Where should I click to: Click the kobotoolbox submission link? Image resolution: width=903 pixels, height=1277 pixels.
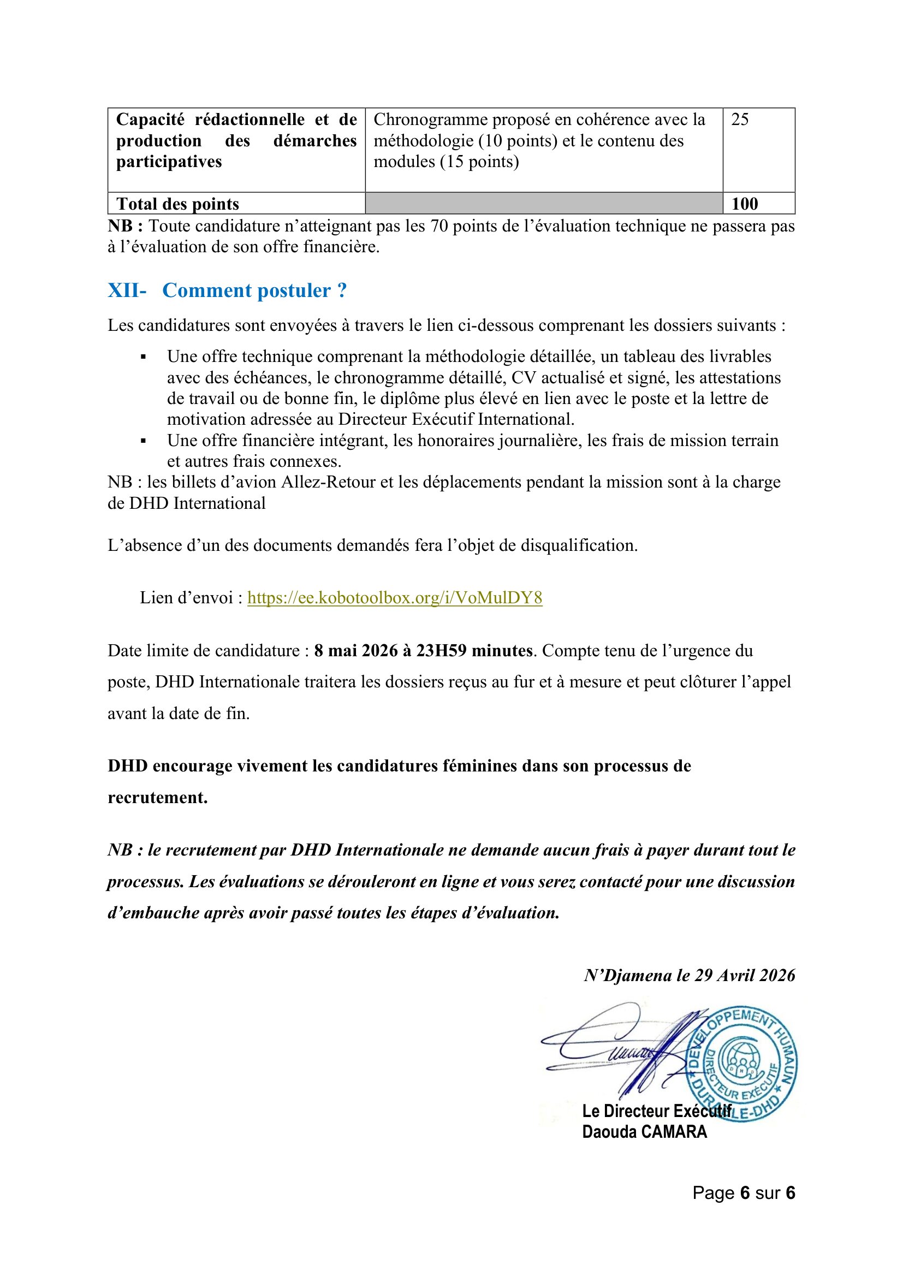(x=394, y=598)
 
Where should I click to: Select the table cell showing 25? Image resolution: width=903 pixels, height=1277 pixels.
(x=740, y=120)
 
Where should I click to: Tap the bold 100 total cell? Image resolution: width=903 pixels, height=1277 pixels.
(x=745, y=204)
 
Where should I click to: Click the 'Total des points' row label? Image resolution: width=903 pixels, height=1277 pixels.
(x=177, y=204)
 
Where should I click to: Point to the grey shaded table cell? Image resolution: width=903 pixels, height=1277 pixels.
(x=543, y=204)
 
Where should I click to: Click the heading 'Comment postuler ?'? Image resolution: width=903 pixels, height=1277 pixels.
(x=254, y=290)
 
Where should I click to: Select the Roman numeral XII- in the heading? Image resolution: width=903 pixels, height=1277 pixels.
(x=127, y=290)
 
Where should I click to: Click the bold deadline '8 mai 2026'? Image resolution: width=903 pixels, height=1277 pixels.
(x=356, y=651)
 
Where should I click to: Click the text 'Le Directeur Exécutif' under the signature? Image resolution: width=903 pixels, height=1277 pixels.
(x=656, y=1110)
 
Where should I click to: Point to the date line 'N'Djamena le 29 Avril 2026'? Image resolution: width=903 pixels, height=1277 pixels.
(x=689, y=975)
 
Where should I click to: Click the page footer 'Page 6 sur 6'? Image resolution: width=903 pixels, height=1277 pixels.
(x=744, y=1192)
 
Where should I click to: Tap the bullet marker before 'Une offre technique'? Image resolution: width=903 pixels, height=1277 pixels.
(x=144, y=357)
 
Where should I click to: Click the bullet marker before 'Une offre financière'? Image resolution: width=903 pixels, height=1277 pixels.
(x=144, y=441)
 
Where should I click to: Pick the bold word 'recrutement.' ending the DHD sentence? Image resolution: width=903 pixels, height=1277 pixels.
(x=157, y=798)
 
